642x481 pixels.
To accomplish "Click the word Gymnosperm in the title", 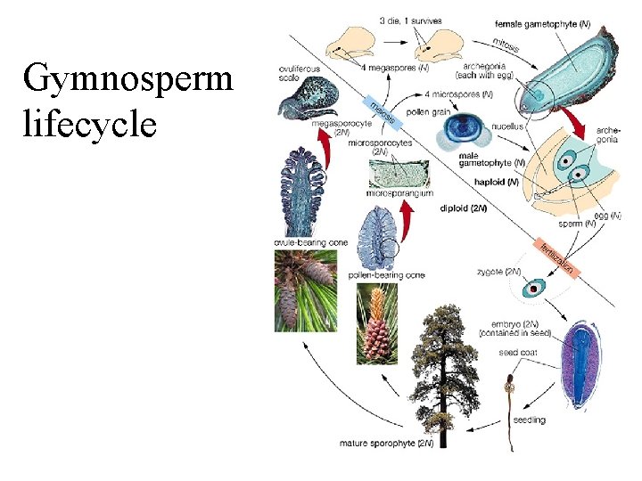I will point(128,81).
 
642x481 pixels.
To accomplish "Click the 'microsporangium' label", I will point(399,192).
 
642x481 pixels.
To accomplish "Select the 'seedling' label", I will point(530,420).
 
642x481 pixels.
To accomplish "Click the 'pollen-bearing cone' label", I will point(386,275).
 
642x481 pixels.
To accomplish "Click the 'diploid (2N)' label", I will point(464,208).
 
